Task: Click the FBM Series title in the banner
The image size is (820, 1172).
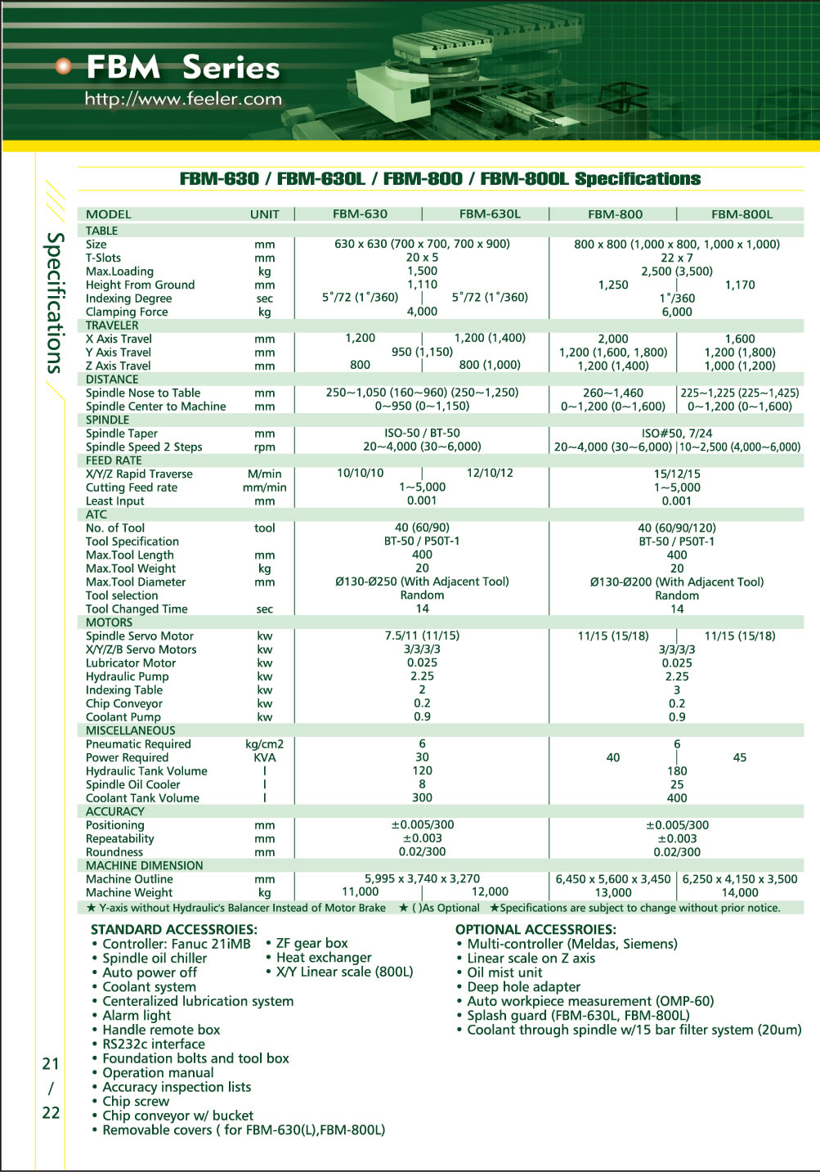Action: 182,67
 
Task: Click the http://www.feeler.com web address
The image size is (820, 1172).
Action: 183,99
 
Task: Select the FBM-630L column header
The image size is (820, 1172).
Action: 489,214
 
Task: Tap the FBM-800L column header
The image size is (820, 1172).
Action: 742,214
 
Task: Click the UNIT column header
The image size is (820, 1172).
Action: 264,214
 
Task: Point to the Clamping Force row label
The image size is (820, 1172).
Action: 127,312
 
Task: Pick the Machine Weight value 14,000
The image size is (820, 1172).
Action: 740,892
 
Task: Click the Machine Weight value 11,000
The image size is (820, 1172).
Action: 360,892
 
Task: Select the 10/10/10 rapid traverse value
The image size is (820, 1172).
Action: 360,474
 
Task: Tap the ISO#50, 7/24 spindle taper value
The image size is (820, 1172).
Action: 676,433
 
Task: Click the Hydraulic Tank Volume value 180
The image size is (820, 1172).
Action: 677,770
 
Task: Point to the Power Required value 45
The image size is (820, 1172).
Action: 739,757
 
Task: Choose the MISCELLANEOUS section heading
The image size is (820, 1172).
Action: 131,730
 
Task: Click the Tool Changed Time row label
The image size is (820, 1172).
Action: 137,608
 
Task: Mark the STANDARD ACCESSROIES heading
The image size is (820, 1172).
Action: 173,929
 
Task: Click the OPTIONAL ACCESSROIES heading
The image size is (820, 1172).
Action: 535,929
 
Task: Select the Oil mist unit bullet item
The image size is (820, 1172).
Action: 504,972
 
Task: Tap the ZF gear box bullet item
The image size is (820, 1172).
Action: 311,943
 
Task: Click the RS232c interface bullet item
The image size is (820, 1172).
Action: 154,1044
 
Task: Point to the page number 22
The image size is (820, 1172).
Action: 51,1112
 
